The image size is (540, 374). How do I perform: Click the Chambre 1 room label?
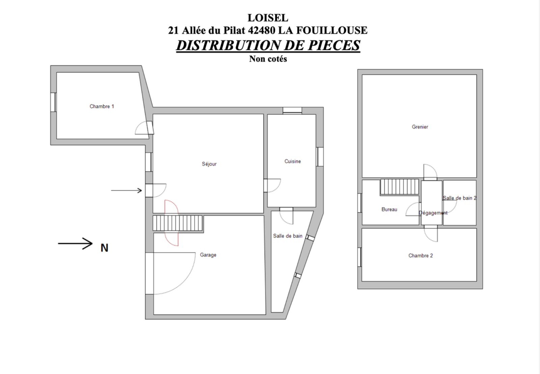pyautogui.click(x=102, y=106)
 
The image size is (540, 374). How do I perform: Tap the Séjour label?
pyautogui.click(x=209, y=164)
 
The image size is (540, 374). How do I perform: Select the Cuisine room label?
pyautogui.click(x=292, y=161)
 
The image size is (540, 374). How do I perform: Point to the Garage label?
pyautogui.click(x=208, y=255)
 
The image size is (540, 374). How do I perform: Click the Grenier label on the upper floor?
pyautogui.click(x=420, y=127)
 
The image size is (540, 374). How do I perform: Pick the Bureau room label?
pyautogui.click(x=389, y=210)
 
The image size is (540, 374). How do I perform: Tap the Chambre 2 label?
pyautogui.click(x=421, y=256)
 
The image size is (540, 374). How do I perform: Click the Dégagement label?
pyautogui.click(x=433, y=213)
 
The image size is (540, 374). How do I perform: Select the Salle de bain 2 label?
pyautogui.click(x=459, y=198)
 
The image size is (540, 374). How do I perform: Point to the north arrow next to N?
pyautogui.click(x=75, y=243)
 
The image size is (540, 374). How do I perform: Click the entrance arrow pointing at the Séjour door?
pyautogui.click(x=126, y=191)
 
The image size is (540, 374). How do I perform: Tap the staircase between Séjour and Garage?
pyautogui.click(x=178, y=223)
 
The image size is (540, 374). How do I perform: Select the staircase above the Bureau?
pyautogui.click(x=400, y=187)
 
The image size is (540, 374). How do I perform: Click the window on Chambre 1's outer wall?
pyautogui.click(x=53, y=102)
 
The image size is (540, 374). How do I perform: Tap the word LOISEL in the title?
pyautogui.click(x=268, y=18)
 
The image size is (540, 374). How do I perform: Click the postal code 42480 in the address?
pyautogui.click(x=262, y=30)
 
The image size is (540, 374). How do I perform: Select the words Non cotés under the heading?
pyautogui.click(x=268, y=59)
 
